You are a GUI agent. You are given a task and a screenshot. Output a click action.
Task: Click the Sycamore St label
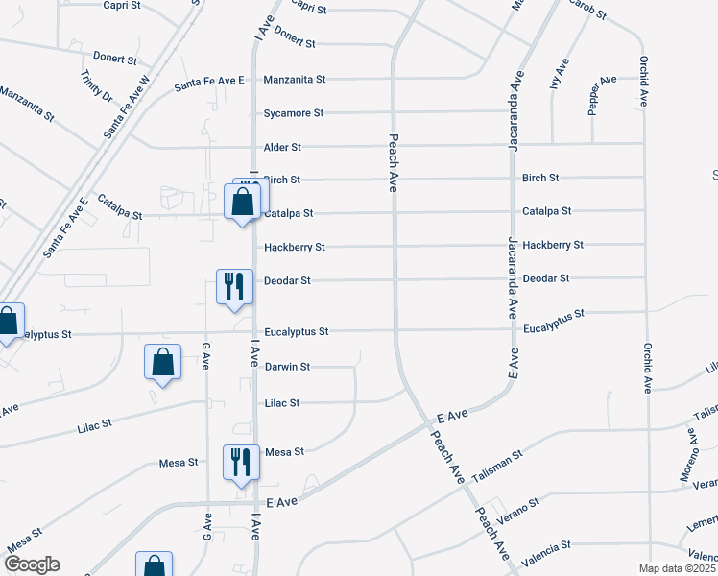[294, 113]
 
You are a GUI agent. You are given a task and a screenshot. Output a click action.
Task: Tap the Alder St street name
[282, 148]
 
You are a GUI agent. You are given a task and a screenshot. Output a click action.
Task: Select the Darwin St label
[287, 367]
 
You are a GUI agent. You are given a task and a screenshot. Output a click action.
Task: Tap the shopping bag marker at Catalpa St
[243, 203]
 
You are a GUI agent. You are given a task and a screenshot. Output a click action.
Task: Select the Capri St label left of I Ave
[122, 5]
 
